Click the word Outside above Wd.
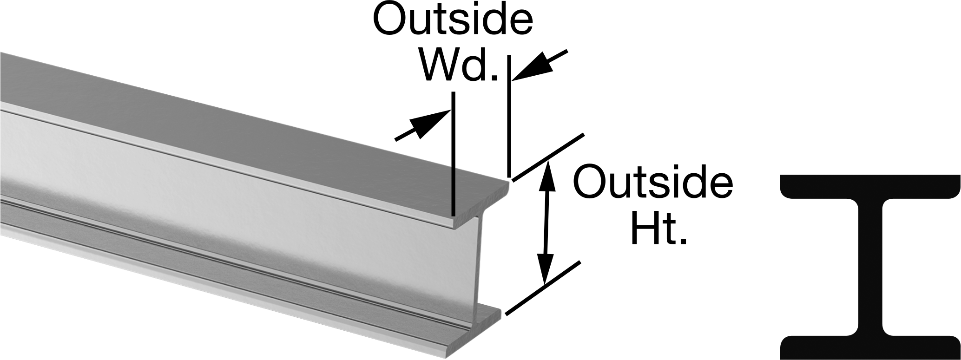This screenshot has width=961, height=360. pos(453,20)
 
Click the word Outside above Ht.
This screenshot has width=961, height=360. pos(653,183)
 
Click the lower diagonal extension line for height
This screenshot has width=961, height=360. pos(543,288)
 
